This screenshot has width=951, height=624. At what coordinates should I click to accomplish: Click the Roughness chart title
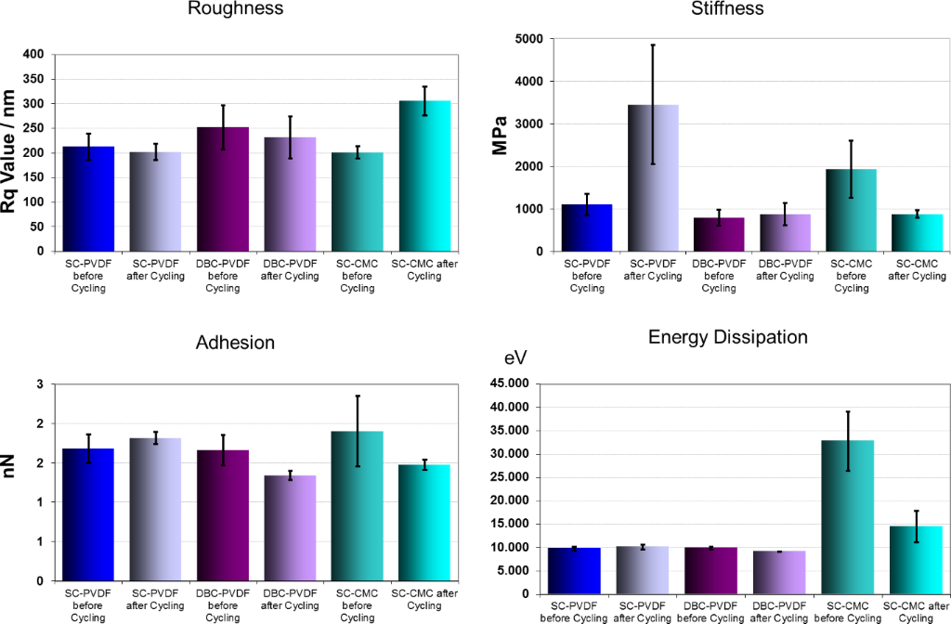pos(235,9)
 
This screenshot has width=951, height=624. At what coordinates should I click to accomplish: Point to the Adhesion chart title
pos(235,343)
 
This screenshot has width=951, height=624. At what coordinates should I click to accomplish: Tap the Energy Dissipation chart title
pos(727,337)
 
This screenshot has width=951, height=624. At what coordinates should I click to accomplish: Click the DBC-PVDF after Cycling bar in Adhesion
pos(290,528)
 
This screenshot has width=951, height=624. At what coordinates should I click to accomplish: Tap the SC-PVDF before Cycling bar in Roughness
pos(88,199)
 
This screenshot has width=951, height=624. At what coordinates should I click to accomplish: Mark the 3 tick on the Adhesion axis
pos(40,384)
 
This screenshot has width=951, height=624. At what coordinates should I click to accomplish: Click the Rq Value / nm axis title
pos(11,153)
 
